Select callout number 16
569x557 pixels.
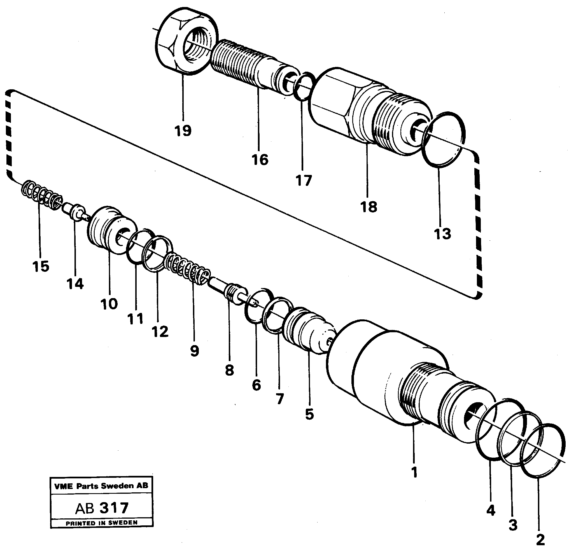point(260,160)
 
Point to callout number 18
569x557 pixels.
point(369,207)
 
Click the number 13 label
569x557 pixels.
point(442,234)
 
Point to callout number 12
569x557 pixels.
point(160,331)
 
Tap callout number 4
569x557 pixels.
point(491,511)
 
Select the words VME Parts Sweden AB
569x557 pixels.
point(101,486)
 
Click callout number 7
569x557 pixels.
point(280,399)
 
